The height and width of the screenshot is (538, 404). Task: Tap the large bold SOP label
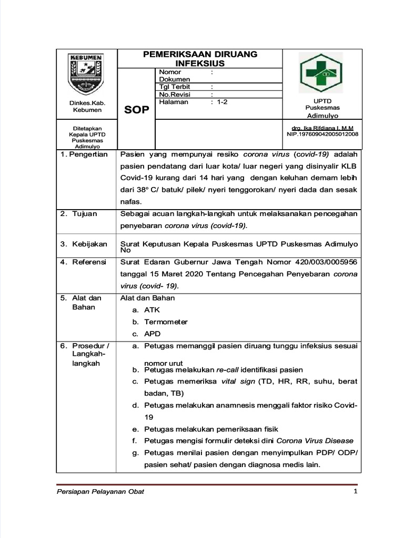click(137, 110)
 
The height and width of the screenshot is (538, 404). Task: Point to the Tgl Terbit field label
click(175, 87)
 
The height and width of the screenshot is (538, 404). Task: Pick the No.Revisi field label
click(175, 95)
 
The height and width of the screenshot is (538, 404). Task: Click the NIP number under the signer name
click(322, 134)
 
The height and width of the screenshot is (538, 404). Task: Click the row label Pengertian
click(88, 154)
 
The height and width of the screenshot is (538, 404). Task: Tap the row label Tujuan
click(84, 214)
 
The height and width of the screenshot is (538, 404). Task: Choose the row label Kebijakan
click(89, 244)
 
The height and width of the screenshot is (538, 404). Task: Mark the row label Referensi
click(89, 262)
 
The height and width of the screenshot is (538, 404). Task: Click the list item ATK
click(152, 310)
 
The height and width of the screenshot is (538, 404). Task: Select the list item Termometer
click(166, 322)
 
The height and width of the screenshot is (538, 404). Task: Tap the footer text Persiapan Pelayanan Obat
click(100, 492)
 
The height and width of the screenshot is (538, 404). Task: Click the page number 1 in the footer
click(356, 492)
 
